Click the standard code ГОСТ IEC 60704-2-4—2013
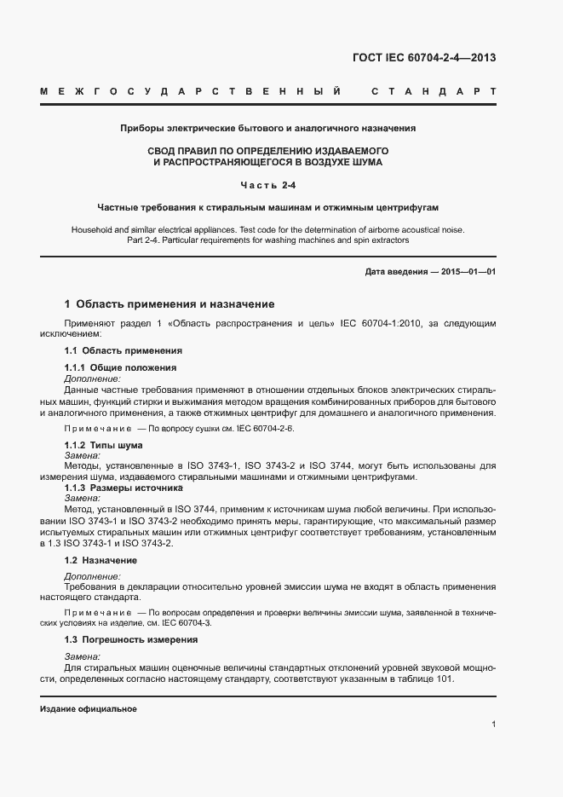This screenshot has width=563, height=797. (424, 58)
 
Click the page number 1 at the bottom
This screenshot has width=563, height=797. (494, 725)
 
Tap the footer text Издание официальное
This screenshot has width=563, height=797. (89, 709)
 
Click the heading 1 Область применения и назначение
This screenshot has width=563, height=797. (169, 303)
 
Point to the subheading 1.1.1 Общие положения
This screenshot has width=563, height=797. (120, 367)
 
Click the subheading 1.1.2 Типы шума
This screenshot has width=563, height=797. (104, 445)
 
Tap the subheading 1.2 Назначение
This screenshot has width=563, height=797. (101, 560)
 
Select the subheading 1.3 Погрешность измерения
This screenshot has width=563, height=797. (131, 639)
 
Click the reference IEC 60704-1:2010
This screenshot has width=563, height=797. (396, 324)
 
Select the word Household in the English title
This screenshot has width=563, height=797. (93, 230)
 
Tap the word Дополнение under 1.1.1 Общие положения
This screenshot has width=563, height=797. (93, 378)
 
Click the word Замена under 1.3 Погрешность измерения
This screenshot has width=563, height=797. (83, 656)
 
